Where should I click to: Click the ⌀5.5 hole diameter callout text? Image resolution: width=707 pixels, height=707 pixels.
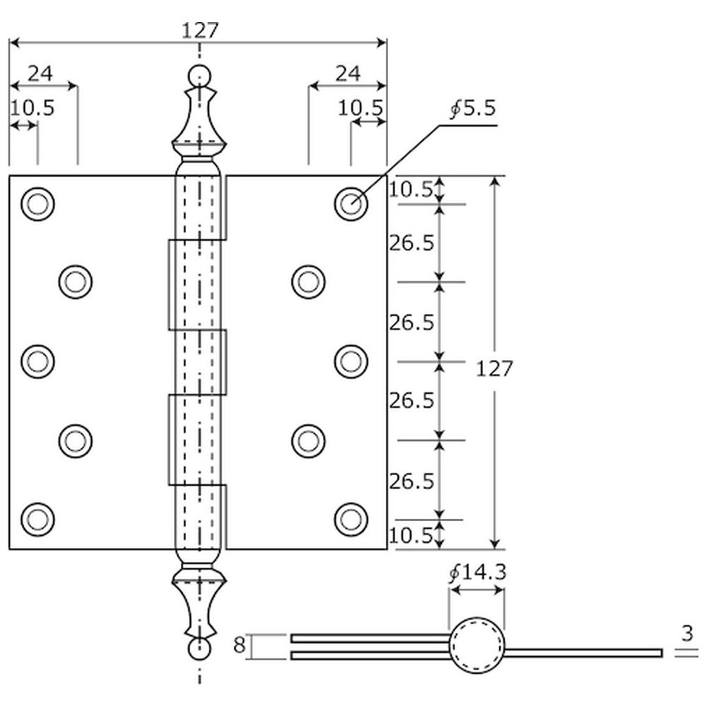coord(473,108)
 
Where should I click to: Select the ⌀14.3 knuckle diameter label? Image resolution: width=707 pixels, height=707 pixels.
coord(478,573)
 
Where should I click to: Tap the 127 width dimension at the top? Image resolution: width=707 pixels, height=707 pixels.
coord(200,30)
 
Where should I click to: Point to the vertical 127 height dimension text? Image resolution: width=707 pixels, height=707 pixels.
coord(495,369)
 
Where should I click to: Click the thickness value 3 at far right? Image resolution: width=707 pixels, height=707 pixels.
coord(687,633)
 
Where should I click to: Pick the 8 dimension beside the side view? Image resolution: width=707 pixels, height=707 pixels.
coord(239,645)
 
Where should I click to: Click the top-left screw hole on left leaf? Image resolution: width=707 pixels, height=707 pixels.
coord(38,204)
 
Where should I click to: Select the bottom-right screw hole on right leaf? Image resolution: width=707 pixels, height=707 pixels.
coord(351,520)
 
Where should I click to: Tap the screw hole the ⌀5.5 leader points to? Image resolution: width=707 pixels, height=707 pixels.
coord(351,204)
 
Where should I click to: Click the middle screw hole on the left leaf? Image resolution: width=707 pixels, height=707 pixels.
coord(38,361)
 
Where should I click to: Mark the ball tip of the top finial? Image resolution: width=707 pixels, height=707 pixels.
coord(199,76)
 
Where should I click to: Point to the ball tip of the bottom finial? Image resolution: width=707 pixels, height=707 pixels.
coord(199,649)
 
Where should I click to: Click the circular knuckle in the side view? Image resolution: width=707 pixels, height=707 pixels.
coord(477,619)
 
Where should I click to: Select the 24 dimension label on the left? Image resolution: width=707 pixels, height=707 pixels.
coord(40,74)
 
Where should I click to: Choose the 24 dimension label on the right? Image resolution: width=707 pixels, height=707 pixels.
coord(348,74)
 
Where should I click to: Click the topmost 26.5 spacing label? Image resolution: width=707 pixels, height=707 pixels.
coord(411,243)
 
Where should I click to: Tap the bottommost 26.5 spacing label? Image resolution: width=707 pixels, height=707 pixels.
coord(411,481)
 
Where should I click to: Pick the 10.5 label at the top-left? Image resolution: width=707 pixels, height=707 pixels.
coord(32,108)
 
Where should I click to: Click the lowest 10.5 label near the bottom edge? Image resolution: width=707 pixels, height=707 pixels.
coord(411,536)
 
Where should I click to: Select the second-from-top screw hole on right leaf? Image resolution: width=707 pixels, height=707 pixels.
coord(308,282)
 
